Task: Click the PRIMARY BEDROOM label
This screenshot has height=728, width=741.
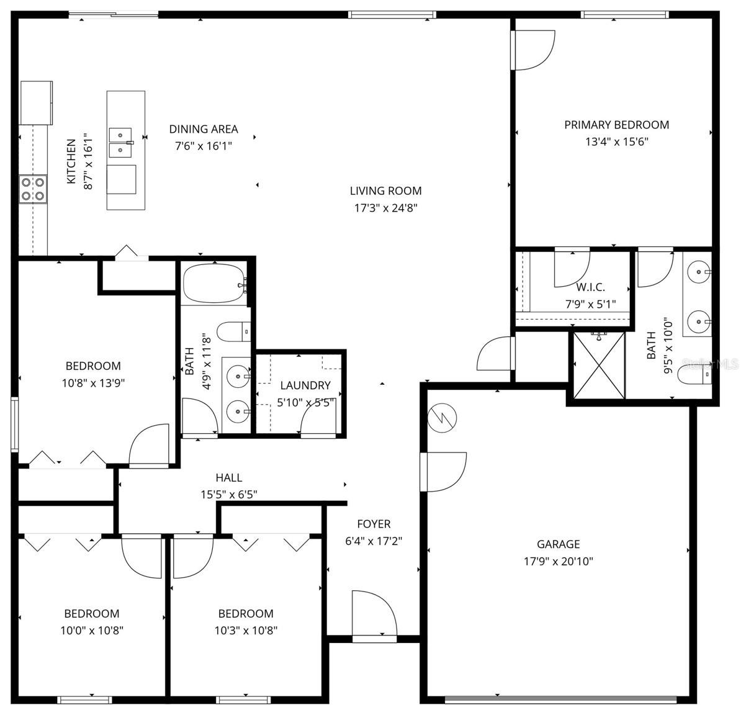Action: click(616, 125)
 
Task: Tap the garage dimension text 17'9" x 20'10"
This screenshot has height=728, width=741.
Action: click(558, 562)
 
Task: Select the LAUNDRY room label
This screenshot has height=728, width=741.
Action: click(305, 385)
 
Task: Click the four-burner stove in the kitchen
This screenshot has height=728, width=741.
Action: click(33, 189)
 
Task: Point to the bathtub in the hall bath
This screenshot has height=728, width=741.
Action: click(214, 284)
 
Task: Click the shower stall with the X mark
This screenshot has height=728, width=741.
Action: click(598, 365)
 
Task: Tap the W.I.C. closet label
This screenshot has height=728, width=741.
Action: click(590, 287)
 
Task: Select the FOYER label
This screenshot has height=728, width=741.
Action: click(374, 524)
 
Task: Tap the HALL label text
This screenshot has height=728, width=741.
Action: click(228, 477)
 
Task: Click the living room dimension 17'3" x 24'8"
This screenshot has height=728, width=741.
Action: click(385, 208)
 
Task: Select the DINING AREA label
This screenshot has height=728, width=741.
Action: click(204, 129)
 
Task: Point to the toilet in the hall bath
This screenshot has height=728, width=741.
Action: click(233, 332)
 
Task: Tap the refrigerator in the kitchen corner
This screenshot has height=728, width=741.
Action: click(36, 102)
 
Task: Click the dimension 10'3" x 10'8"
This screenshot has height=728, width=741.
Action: click(246, 631)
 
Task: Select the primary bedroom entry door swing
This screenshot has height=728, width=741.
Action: click(532, 50)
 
